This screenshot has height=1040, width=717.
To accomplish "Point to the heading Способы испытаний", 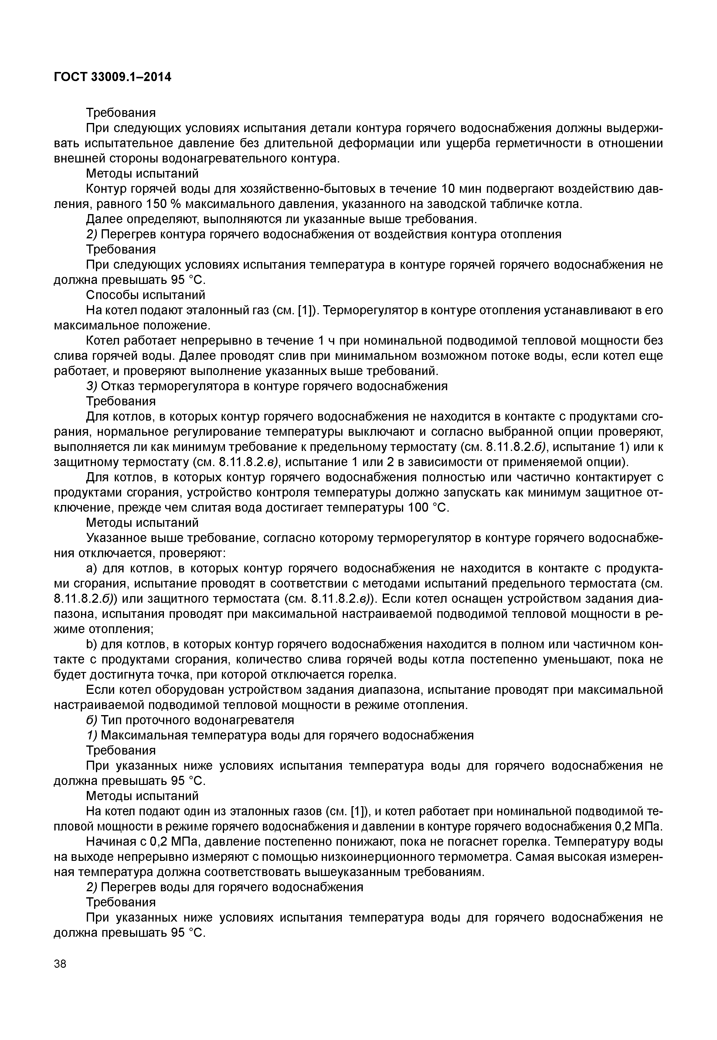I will [146, 295].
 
